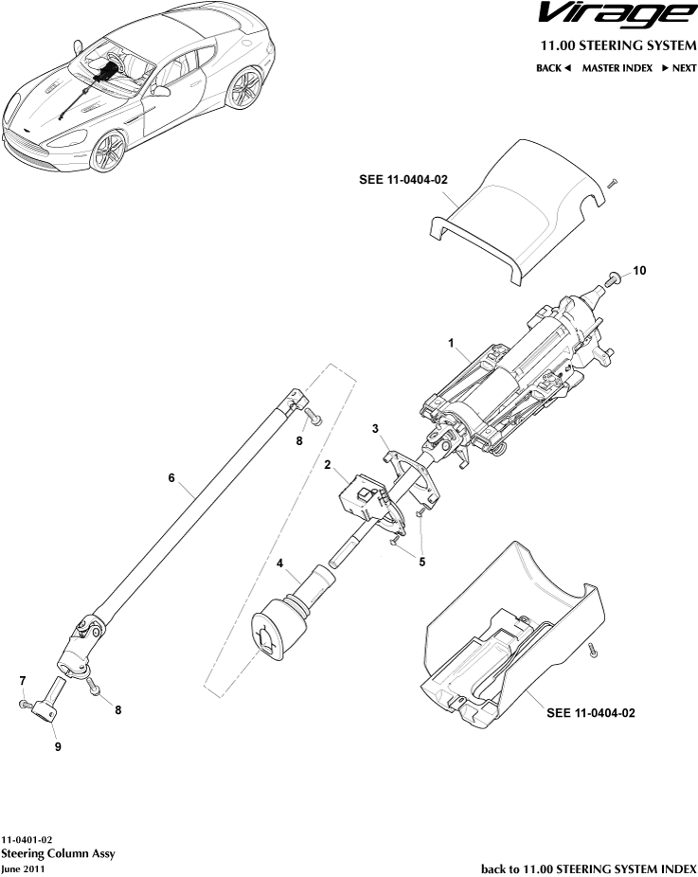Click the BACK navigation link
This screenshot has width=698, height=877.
pyautogui.click(x=554, y=68)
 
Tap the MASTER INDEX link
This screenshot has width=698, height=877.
pyautogui.click(x=617, y=68)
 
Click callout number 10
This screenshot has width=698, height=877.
pyautogui.click(x=639, y=271)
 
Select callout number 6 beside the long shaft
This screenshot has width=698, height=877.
pyautogui.click(x=171, y=478)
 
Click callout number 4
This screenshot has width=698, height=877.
pyautogui.click(x=280, y=564)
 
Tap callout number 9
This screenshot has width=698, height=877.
pyautogui.click(x=58, y=746)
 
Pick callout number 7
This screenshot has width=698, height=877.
pyautogui.click(x=22, y=680)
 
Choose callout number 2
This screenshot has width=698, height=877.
pyautogui.click(x=327, y=465)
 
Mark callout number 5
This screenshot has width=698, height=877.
pyautogui.click(x=421, y=561)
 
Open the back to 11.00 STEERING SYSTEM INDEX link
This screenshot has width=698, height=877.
pyautogui.click(x=588, y=868)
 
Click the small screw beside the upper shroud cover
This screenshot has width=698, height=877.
pyautogui.click(x=612, y=182)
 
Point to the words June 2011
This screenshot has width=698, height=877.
pyautogui.click(x=23, y=868)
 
